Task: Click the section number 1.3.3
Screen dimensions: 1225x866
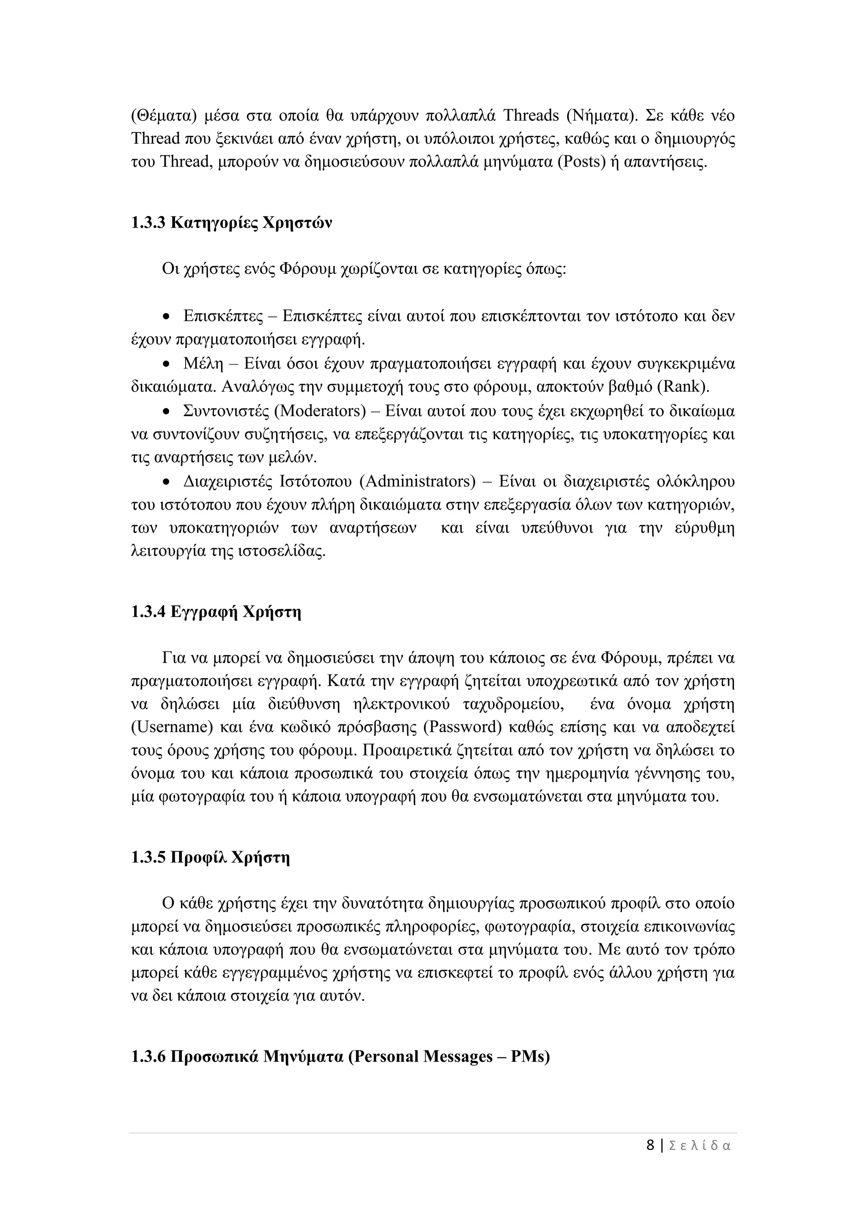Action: [148, 222]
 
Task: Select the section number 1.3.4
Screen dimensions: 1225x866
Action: [148, 611]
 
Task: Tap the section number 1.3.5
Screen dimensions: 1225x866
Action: [148, 857]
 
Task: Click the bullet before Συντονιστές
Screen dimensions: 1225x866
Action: [167, 411]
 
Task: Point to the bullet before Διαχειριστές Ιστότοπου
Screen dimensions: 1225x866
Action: [167, 482]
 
